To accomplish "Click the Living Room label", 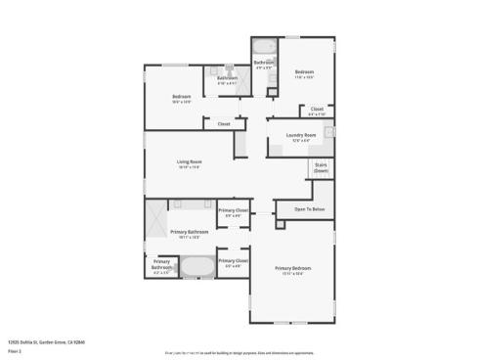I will tap(189, 162).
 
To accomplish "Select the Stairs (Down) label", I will tap(320, 167).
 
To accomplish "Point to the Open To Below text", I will tap(309, 208).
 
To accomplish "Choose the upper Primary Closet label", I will tap(233, 212).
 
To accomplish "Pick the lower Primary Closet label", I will tap(233, 262).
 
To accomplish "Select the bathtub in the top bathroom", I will tap(264, 48).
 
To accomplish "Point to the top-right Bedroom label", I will tap(305, 72).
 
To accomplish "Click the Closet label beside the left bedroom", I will tap(223, 124).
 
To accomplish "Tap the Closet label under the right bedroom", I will tap(317, 110).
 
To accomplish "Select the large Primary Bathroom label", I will tap(190, 233).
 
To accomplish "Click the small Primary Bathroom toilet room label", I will tap(161, 266).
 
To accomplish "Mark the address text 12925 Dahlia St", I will tap(47, 342).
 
